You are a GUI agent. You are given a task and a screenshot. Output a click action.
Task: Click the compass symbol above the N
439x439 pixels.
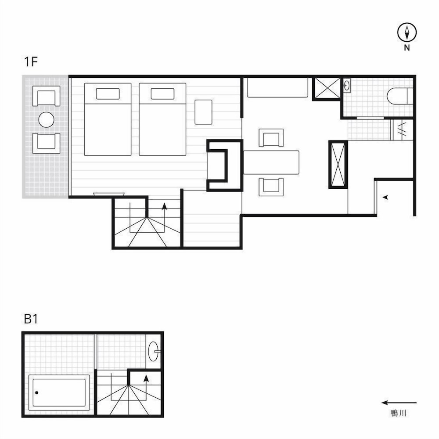[x=407, y=32]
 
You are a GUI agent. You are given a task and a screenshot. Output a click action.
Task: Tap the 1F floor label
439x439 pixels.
[x=31, y=61]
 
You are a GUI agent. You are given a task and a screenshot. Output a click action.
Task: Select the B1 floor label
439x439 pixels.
[x=31, y=319]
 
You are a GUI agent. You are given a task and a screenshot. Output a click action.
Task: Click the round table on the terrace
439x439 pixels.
[x=46, y=120]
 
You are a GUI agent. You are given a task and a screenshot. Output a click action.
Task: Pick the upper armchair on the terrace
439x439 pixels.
[x=46, y=96]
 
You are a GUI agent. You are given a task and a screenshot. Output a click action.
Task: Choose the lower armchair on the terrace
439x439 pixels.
[x=46, y=144]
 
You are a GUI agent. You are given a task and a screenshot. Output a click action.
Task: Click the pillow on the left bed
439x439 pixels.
[x=108, y=94]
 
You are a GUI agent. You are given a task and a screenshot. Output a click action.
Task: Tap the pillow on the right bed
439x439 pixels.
[x=162, y=94]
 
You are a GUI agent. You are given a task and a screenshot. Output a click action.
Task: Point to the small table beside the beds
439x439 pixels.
[x=203, y=112]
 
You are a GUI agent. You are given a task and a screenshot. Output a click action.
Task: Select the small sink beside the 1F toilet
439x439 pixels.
[x=347, y=85]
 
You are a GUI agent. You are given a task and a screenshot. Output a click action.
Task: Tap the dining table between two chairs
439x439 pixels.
[x=271, y=162]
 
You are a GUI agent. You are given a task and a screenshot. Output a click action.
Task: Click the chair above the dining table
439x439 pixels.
[x=271, y=138]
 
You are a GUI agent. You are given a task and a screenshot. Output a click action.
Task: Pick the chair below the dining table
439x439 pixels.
[x=271, y=187]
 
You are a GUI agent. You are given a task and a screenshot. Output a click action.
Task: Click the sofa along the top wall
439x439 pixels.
[x=277, y=88]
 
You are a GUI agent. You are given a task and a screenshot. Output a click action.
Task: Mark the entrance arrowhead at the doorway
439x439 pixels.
[x=385, y=198]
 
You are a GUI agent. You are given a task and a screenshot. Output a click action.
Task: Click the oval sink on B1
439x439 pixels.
[x=153, y=351]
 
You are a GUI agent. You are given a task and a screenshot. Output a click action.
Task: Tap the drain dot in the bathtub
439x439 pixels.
[x=37, y=392]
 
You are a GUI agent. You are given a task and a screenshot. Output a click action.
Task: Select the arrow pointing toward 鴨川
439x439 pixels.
[x=399, y=403]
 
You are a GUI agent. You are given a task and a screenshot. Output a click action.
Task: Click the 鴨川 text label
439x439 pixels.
[x=398, y=413]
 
